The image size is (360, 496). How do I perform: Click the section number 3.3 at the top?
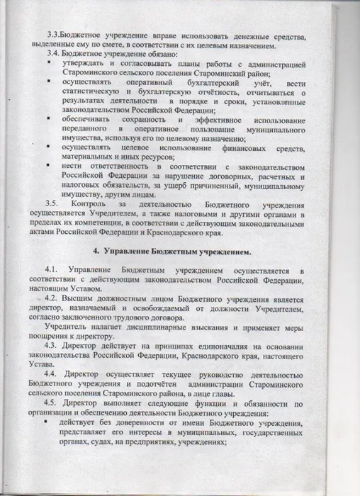pyautogui.click(x=53, y=35)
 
